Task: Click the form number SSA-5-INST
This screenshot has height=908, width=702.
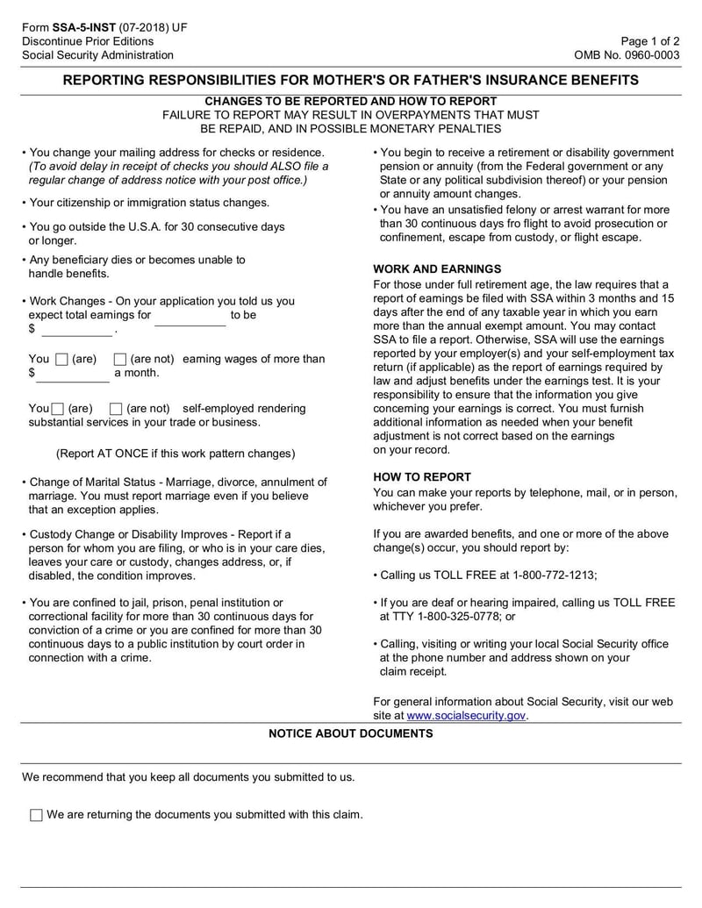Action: coord(84,27)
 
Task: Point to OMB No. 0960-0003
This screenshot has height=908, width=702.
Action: coord(627,55)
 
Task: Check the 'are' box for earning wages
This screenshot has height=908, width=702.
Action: coord(61,359)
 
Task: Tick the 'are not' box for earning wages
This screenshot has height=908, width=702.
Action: coord(120,359)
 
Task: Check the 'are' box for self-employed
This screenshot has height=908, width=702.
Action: coord(58,409)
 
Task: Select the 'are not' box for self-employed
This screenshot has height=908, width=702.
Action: coord(115,409)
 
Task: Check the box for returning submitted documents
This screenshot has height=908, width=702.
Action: coord(36,815)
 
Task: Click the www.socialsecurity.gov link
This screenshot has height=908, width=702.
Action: coord(466,716)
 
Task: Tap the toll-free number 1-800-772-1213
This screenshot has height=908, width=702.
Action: coord(551,575)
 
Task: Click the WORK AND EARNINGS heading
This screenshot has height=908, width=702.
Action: coord(437,269)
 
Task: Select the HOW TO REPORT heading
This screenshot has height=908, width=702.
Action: coord(422,477)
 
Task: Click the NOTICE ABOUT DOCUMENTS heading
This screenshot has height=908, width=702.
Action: coord(350,733)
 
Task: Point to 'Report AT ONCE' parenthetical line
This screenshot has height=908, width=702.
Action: coord(175,454)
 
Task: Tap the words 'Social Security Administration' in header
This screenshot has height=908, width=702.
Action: coord(97,55)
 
